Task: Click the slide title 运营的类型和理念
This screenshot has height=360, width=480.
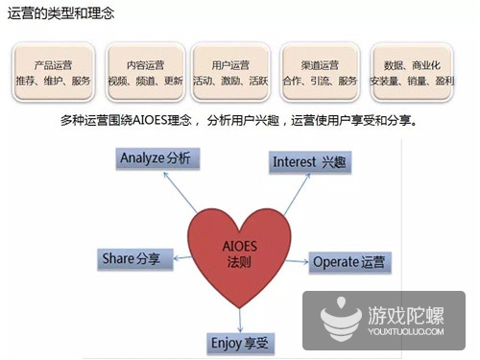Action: [63, 13]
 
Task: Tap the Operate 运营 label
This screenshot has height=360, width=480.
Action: [350, 262]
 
